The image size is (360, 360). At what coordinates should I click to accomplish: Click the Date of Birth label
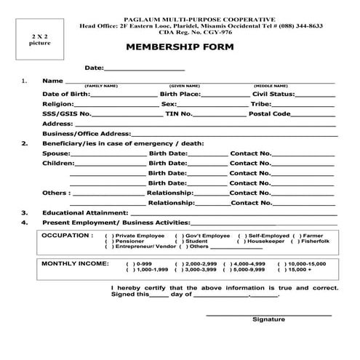tap(66, 95)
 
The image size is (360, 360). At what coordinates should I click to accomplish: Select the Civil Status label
tap(272, 95)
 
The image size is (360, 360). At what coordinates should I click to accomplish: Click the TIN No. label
tap(178, 114)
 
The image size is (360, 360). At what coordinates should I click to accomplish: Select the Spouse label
tap(56, 154)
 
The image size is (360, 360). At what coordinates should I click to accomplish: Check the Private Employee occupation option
tap(108, 236)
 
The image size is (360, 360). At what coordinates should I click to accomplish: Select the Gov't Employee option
tap(178, 236)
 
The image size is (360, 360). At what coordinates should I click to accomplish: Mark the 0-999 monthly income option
tap(129, 263)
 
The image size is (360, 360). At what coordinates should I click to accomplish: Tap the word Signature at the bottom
tap(268, 320)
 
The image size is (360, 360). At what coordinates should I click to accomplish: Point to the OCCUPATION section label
tap(67, 236)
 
